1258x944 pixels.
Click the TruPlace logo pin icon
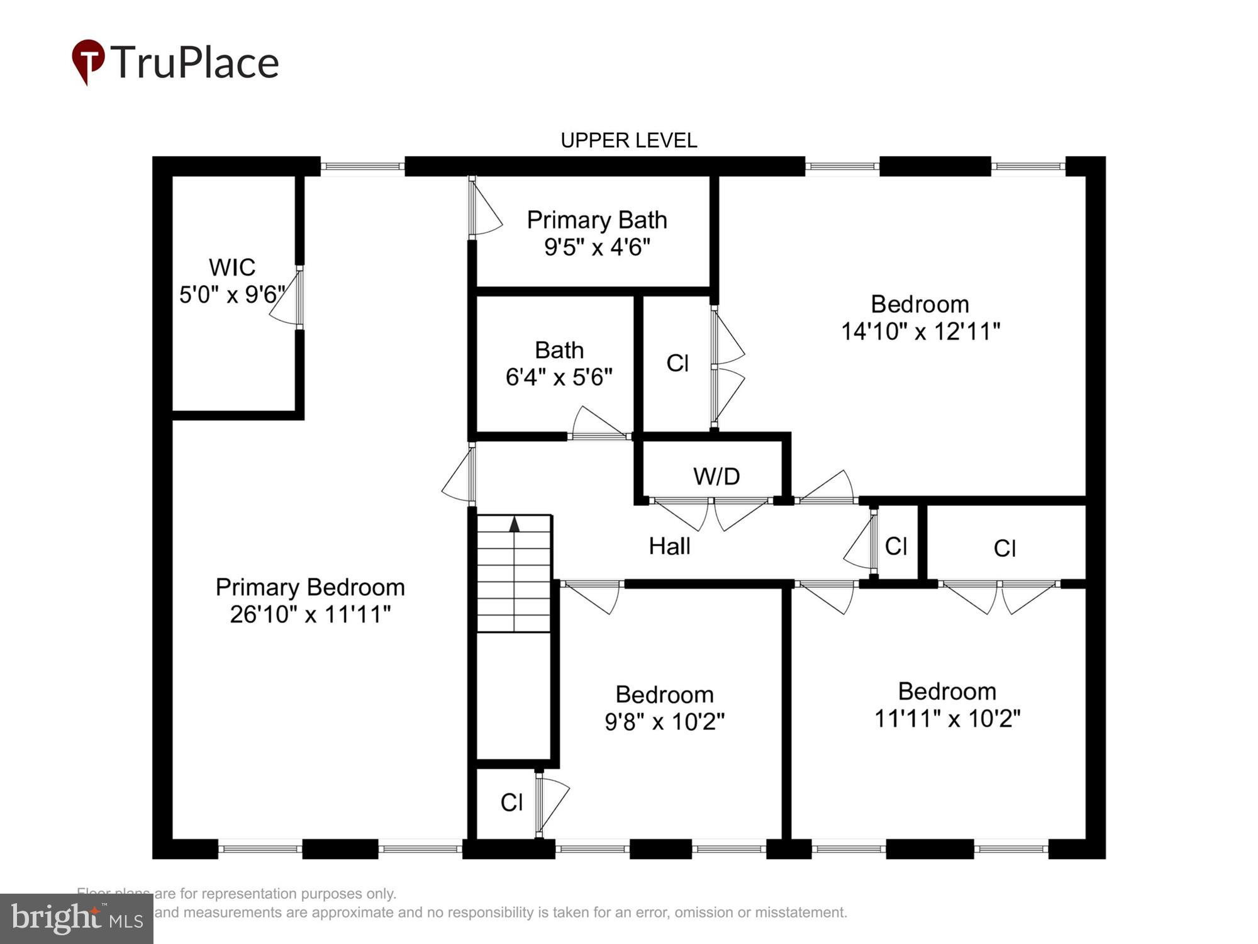pyautogui.click(x=88, y=61)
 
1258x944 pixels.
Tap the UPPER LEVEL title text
pyautogui.click(x=628, y=140)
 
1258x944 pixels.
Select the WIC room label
pyautogui.click(x=232, y=267)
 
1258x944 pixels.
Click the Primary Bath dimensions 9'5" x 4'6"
pyautogui.click(x=596, y=247)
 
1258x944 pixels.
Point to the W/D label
pyautogui.click(x=716, y=476)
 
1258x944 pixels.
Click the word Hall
pyautogui.click(x=669, y=546)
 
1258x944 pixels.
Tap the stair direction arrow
pyautogui.click(x=515, y=524)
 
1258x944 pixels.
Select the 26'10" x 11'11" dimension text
pyautogui.click(x=310, y=614)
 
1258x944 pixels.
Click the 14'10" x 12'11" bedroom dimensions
pyautogui.click(x=920, y=331)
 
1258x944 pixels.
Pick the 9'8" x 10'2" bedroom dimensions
pyautogui.click(x=664, y=721)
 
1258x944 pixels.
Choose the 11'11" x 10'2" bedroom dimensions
pyautogui.click(x=947, y=718)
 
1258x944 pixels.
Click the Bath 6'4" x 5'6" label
pyautogui.click(x=559, y=364)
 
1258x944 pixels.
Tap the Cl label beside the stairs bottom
pyautogui.click(x=511, y=802)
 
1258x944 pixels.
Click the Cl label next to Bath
pyautogui.click(x=677, y=363)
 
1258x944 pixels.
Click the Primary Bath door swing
pyautogui.click(x=486, y=214)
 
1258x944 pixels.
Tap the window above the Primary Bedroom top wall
pyautogui.click(x=362, y=167)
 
